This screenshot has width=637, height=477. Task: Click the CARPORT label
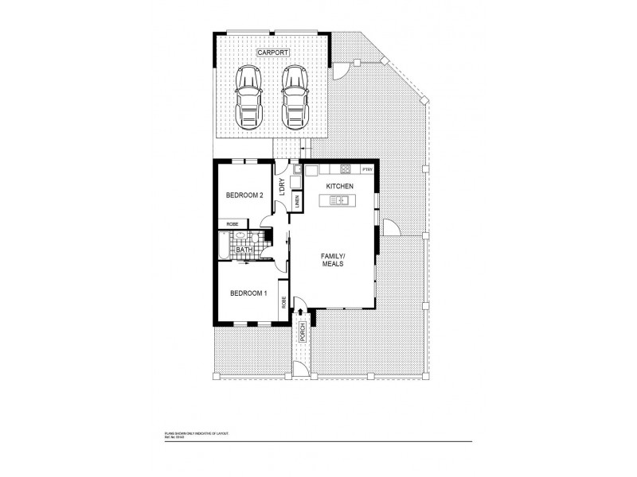[x=272, y=52]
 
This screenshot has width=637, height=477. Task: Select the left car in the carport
[x=248, y=95]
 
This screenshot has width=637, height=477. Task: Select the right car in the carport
[x=295, y=95]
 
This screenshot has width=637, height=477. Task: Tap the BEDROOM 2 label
[x=244, y=195]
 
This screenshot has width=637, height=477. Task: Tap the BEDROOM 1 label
[x=248, y=293]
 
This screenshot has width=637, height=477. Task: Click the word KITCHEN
[x=340, y=186]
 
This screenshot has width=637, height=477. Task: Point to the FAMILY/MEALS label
[x=332, y=259]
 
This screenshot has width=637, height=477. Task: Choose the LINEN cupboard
[x=296, y=202]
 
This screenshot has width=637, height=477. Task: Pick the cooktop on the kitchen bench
[x=346, y=169]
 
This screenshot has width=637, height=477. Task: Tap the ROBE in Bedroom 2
[x=232, y=224]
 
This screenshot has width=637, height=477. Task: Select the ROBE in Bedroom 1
[x=283, y=301]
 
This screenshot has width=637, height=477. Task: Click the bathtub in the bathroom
[x=223, y=246]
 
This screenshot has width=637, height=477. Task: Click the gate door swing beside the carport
[x=339, y=71]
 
